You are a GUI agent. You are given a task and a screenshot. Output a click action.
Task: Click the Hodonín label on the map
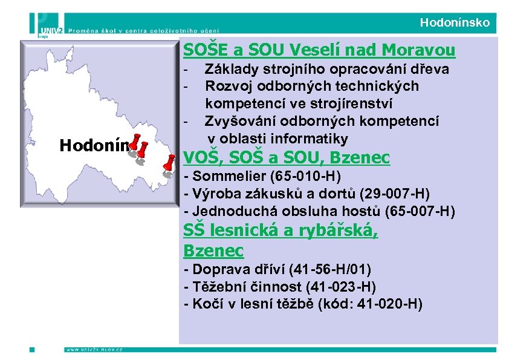pos(94,145)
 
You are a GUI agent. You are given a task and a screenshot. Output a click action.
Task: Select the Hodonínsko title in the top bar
pos(455,24)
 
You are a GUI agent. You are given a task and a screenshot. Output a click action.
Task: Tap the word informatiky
pos(313,139)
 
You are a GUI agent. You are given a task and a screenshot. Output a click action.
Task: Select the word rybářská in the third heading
pos(336,231)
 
